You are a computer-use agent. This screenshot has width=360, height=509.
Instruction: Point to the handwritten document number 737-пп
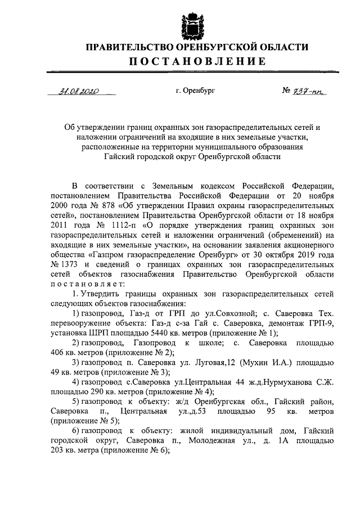tap(308, 91)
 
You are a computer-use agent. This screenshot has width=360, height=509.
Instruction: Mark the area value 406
tap(58, 353)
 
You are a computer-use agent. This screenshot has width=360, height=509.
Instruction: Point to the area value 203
tap(58, 449)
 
